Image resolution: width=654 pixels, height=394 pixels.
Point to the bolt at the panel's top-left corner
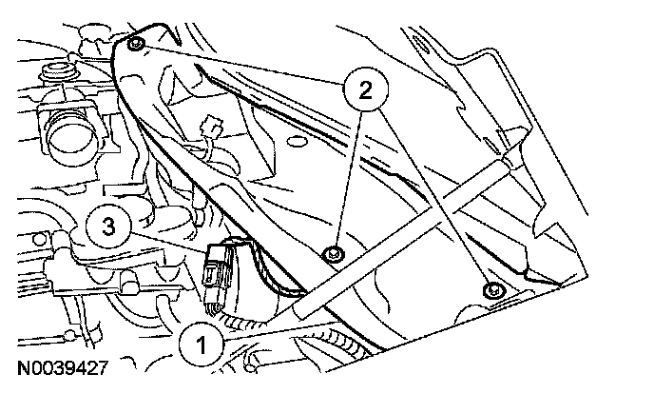point(136,46)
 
